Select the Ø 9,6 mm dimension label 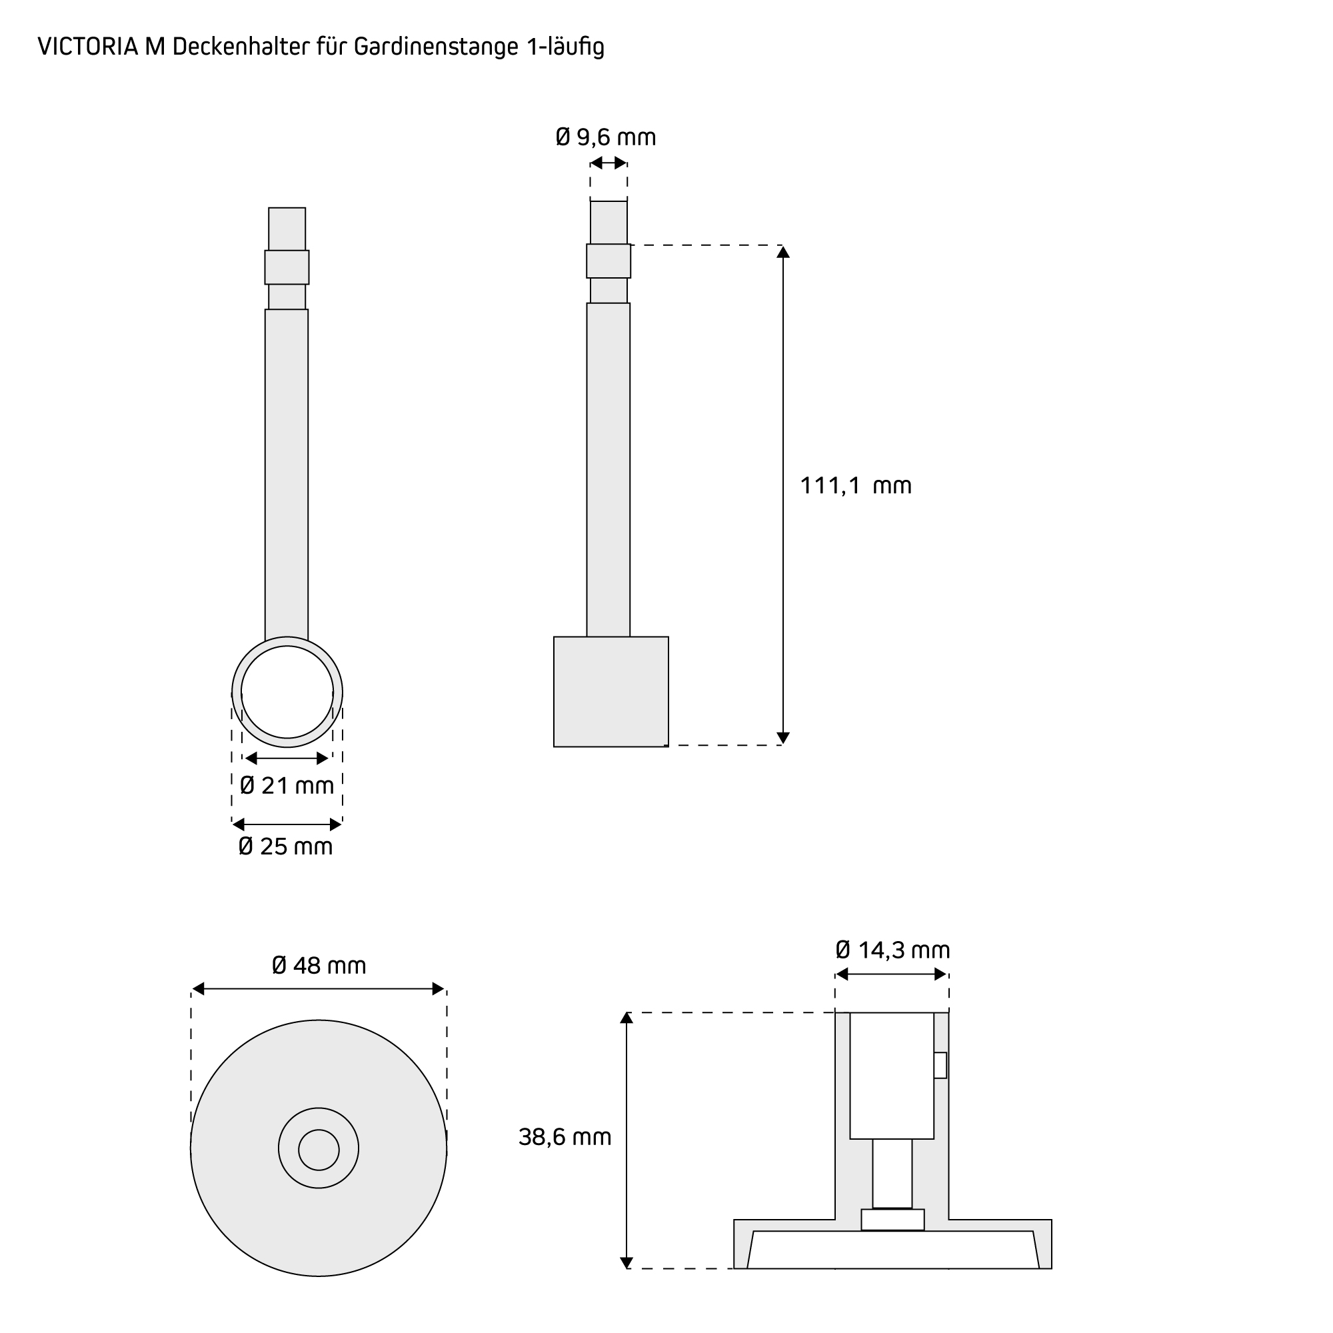[606, 137]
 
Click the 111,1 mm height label [856, 486]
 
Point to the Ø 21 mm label [287, 785]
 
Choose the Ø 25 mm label [286, 846]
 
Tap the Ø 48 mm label [319, 965]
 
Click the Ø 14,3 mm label [893, 950]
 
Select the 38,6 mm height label [565, 1137]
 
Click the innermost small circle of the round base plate [319, 1150]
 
